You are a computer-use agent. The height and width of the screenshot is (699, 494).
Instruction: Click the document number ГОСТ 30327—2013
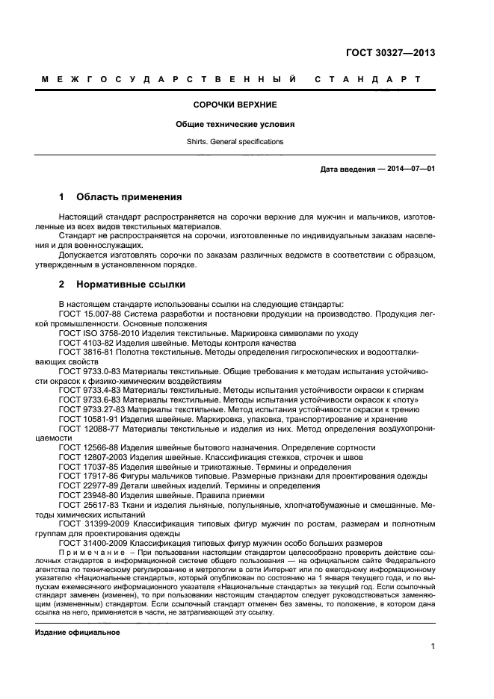[x=390, y=53]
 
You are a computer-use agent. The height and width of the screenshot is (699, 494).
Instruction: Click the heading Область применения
[x=129, y=198]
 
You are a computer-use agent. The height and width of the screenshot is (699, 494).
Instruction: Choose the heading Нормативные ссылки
[x=131, y=285]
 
